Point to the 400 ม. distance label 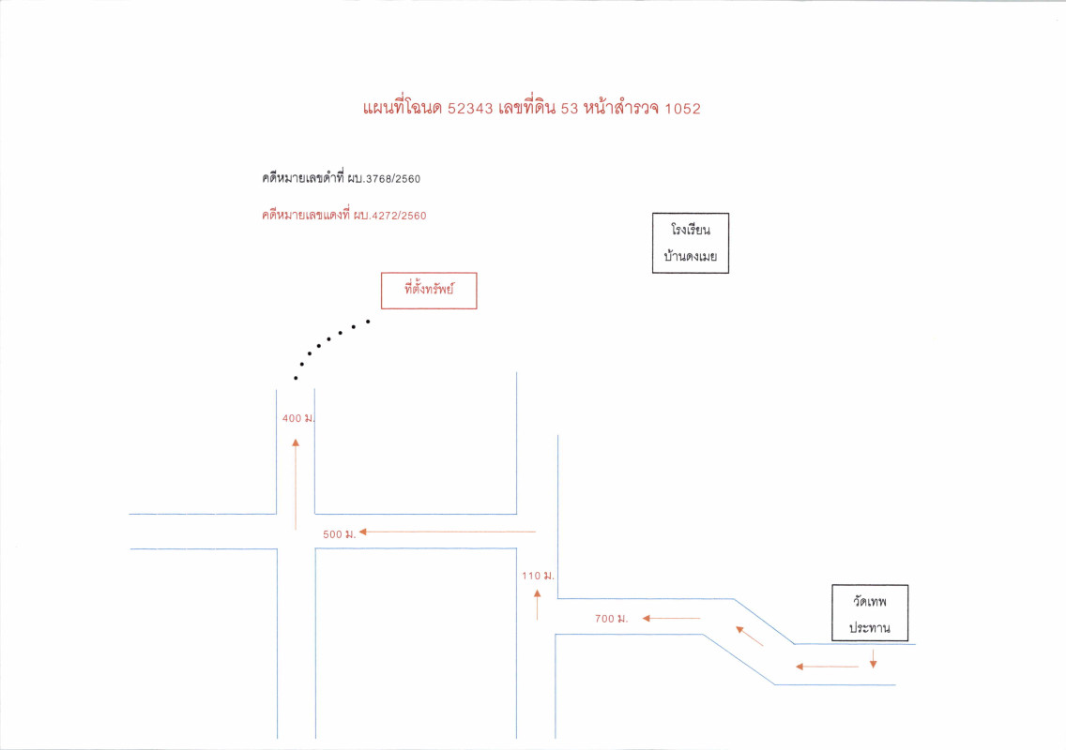click(x=298, y=418)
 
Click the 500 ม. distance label click(x=340, y=534)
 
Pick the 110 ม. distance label click(x=538, y=576)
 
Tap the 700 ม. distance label click(x=611, y=618)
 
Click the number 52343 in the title click(x=470, y=109)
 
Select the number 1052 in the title click(x=682, y=109)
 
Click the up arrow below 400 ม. click(x=296, y=485)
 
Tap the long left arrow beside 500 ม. click(x=448, y=532)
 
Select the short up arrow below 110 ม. click(x=537, y=605)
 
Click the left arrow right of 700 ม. click(x=671, y=618)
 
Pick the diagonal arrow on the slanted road click(x=749, y=636)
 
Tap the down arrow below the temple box click(x=873, y=658)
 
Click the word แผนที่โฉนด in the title click(x=403, y=108)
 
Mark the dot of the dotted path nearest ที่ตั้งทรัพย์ click(x=369, y=322)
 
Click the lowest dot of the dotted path click(x=296, y=378)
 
